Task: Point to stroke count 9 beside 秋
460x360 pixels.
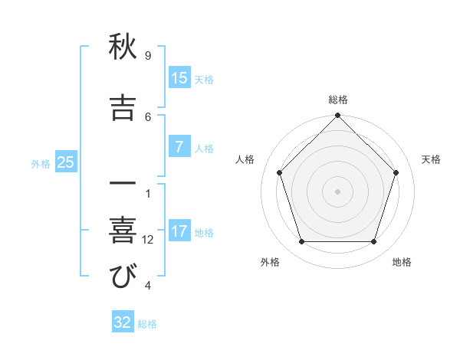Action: pos(148,56)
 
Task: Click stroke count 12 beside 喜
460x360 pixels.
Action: pos(148,240)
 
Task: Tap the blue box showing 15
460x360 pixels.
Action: pos(179,78)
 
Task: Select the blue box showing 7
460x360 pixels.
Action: pos(179,147)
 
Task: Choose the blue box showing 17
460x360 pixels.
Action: pos(179,231)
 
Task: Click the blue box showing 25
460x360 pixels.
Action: pos(65,162)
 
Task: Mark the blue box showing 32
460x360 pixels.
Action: pos(123,322)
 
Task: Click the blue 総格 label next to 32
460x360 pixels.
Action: pos(147,324)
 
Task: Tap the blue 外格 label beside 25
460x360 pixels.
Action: pos(41,163)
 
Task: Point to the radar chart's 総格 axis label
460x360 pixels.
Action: pos(338,100)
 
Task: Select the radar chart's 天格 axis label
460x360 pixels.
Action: pos(432,159)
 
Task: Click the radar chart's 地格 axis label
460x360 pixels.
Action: pos(402,262)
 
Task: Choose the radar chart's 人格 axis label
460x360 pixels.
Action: pos(245,159)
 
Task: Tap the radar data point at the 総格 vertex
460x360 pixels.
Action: pos(338,117)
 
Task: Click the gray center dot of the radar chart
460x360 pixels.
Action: pos(338,191)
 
